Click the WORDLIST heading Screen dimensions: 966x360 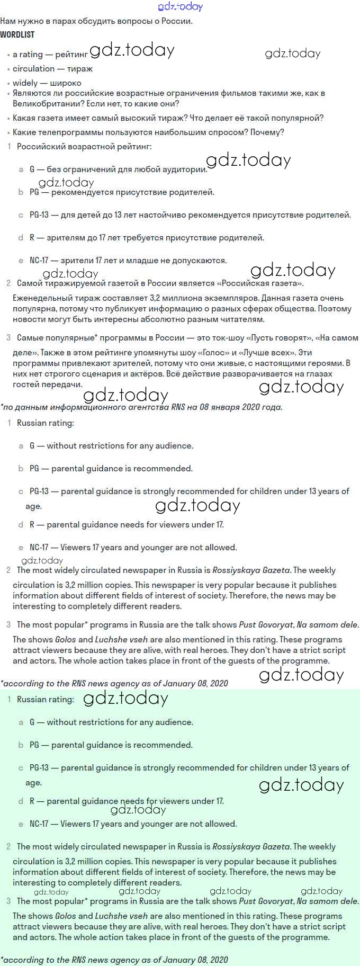click(x=17, y=34)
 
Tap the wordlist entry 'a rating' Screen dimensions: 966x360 click(x=28, y=54)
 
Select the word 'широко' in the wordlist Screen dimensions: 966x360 click(x=66, y=83)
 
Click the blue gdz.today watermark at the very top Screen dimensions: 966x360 click(x=180, y=6)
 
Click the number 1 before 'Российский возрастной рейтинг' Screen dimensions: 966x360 click(x=9, y=146)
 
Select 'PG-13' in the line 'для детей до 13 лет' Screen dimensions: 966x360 click(x=39, y=214)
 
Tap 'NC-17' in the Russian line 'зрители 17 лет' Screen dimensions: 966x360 click(x=39, y=260)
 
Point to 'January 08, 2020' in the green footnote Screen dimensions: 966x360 click(x=195, y=959)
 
